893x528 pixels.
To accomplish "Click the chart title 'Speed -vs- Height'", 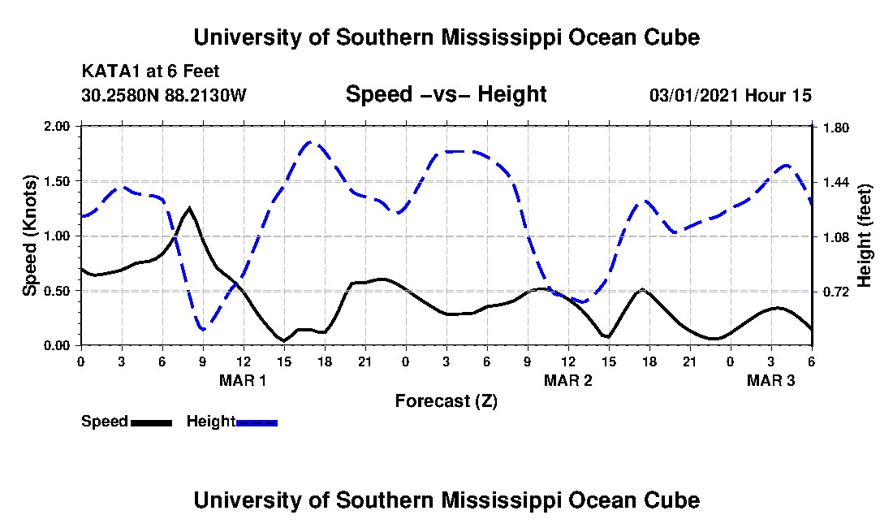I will tap(446, 95).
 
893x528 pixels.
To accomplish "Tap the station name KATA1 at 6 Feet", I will tap(150, 71).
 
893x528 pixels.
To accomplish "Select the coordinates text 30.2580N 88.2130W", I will tap(163, 96).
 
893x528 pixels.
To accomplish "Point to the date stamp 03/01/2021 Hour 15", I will tap(730, 96).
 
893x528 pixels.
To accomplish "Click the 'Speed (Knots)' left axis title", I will tap(30, 236).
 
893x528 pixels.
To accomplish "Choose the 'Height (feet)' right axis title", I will tap(864, 236).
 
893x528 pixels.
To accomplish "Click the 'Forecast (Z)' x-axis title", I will tap(446, 400).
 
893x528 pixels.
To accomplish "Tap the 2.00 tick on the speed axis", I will tap(58, 128).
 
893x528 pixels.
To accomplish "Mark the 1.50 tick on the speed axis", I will tap(58, 182).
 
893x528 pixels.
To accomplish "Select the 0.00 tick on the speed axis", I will tap(58, 346).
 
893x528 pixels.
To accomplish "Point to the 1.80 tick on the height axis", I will tap(836, 128).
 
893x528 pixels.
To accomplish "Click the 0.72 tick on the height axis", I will tap(836, 292).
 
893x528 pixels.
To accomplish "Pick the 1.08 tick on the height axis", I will tap(836, 237).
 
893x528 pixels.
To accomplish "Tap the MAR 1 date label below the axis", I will tap(243, 380).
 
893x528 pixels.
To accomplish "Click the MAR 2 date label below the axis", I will tap(567, 380).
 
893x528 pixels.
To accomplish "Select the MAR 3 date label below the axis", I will tap(770, 380).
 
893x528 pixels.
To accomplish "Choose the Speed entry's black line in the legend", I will tap(151, 422).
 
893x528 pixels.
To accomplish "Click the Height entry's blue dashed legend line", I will tap(257, 422).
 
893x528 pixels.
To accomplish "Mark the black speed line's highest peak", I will tap(189, 208).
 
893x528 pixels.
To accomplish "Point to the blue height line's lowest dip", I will tap(203, 329).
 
